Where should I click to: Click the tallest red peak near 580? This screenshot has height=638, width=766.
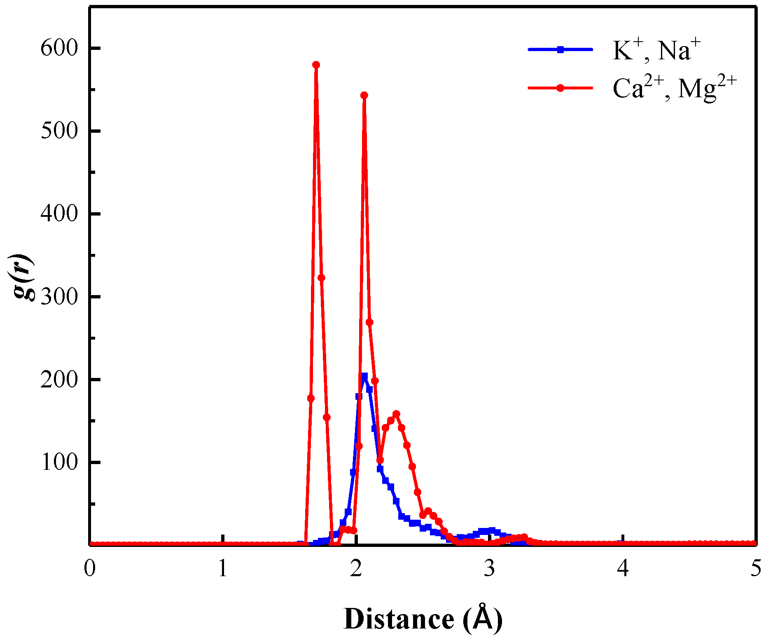pyautogui.click(x=316, y=65)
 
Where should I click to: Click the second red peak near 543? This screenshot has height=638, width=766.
pyautogui.click(x=364, y=95)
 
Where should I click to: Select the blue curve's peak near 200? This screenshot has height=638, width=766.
pyautogui.click(x=364, y=376)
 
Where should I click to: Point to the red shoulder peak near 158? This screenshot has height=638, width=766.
pyautogui.click(x=396, y=414)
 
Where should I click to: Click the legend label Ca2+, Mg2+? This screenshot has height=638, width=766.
pyautogui.click(x=674, y=88)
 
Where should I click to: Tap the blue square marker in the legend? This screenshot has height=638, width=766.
pyautogui.click(x=560, y=49)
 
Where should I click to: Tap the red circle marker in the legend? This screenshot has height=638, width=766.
pyautogui.click(x=560, y=88)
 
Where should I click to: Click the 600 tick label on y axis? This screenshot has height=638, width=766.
pyautogui.click(x=59, y=49)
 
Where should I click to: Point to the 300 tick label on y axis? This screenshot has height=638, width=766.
pyautogui.click(x=59, y=297)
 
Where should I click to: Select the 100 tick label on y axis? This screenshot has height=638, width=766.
pyautogui.click(x=59, y=462)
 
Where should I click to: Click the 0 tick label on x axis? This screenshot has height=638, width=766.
pyautogui.click(x=89, y=569)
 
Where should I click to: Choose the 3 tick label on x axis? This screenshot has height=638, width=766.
pyautogui.click(x=489, y=569)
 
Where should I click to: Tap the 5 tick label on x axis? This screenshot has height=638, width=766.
pyautogui.click(x=756, y=569)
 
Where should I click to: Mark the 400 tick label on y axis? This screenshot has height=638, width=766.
pyautogui.click(x=59, y=214)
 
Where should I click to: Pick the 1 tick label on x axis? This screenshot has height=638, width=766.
pyautogui.click(x=223, y=569)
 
